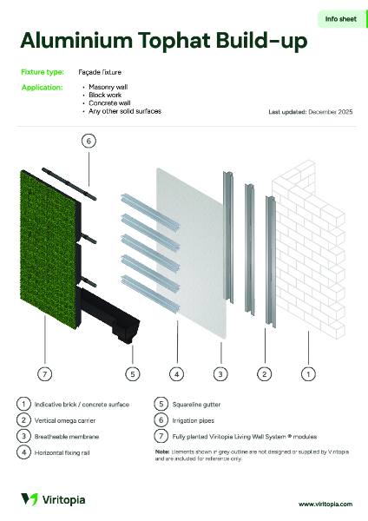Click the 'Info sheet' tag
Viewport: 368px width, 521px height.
coord(342,19)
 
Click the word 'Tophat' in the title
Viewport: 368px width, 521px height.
coord(174,41)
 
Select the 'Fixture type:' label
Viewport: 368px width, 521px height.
coord(43,72)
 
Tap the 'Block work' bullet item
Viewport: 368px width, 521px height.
coord(105,95)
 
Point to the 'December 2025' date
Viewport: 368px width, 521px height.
coord(331,112)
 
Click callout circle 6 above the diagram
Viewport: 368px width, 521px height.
coord(89,141)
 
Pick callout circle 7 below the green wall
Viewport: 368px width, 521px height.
coord(45,374)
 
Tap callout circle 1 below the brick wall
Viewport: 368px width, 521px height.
coord(308,374)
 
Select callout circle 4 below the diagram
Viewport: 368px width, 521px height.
coord(177,374)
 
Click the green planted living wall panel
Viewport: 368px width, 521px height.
coord(49,249)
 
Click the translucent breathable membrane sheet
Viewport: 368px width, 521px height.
coord(192,254)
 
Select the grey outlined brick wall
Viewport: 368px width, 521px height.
coord(308,249)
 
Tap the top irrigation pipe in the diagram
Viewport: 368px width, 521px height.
coord(69,184)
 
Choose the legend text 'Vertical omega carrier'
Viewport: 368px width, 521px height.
coord(65,420)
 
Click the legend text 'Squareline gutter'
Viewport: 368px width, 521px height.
coord(196,405)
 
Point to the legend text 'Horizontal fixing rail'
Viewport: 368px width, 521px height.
coord(62,452)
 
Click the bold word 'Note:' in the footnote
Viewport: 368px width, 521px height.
coord(162,452)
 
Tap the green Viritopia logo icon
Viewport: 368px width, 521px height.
coord(30,499)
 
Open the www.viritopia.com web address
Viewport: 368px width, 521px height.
coord(325,504)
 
